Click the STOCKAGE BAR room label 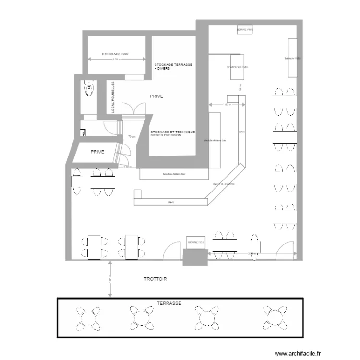117,54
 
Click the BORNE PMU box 245,30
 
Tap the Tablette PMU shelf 292,58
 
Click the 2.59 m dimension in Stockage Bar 117,60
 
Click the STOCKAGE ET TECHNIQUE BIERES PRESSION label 172,134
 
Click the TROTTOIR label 155,279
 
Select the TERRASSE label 168,304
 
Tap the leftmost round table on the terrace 87,318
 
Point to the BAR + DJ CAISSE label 224,184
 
